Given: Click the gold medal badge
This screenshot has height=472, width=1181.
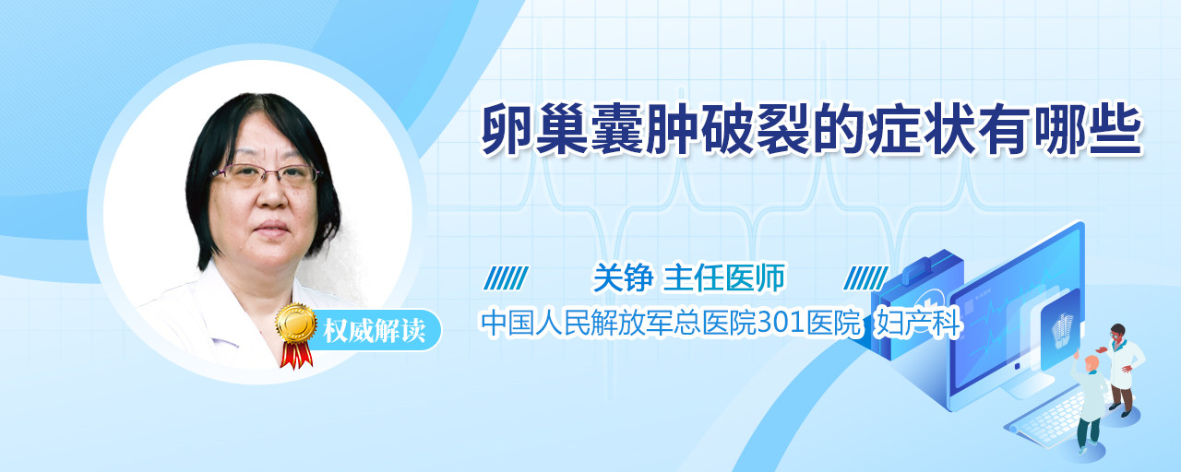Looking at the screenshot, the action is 296,324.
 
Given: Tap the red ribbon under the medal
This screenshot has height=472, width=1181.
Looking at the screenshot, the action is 296,356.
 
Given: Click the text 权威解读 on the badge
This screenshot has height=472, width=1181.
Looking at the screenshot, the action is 375,330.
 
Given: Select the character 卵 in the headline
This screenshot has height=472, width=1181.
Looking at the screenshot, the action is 507,129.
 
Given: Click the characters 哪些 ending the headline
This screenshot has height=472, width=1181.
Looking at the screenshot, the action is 1087,129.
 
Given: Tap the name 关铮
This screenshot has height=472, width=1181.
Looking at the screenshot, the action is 623,277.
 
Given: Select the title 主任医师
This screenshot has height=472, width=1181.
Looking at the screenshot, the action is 724,277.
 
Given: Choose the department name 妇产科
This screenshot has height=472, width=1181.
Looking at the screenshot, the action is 917,323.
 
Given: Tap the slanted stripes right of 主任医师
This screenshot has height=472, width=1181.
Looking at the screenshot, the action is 865,278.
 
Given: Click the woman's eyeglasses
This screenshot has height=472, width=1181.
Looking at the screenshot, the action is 267,174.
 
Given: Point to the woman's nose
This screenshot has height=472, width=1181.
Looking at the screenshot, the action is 273,194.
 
